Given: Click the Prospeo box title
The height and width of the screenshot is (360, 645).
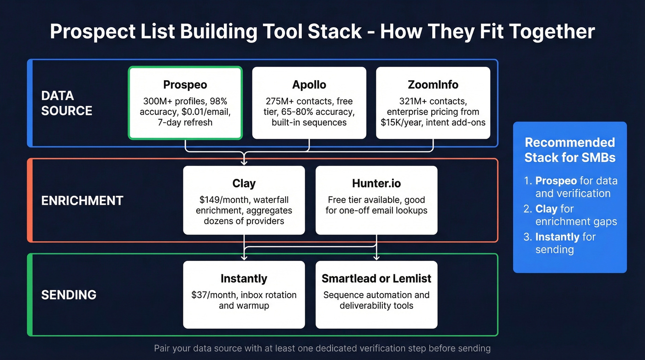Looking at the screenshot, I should (185, 85).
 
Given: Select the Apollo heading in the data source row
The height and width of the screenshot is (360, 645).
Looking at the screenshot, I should (309, 85).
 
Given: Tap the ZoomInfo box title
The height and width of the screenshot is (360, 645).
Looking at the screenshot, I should (433, 85).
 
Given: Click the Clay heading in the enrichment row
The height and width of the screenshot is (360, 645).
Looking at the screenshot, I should (244, 183).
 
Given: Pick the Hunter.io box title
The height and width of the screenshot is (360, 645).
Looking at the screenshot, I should (376, 183).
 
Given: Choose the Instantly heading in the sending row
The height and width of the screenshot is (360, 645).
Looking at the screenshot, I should (244, 279).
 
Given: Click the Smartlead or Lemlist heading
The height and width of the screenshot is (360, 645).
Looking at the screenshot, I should (376, 279).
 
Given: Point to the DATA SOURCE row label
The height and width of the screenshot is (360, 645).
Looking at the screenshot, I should (66, 103).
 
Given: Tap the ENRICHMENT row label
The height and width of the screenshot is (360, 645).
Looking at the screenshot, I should (82, 201).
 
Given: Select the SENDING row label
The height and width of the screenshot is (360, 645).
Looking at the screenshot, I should (69, 295).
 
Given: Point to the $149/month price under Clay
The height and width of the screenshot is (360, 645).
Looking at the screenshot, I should (218, 200).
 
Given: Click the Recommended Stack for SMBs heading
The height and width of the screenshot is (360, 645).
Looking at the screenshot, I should (570, 150).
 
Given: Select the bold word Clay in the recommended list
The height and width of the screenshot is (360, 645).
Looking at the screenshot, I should (546, 209).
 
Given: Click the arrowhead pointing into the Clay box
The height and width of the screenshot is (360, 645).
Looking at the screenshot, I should (244, 162).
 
